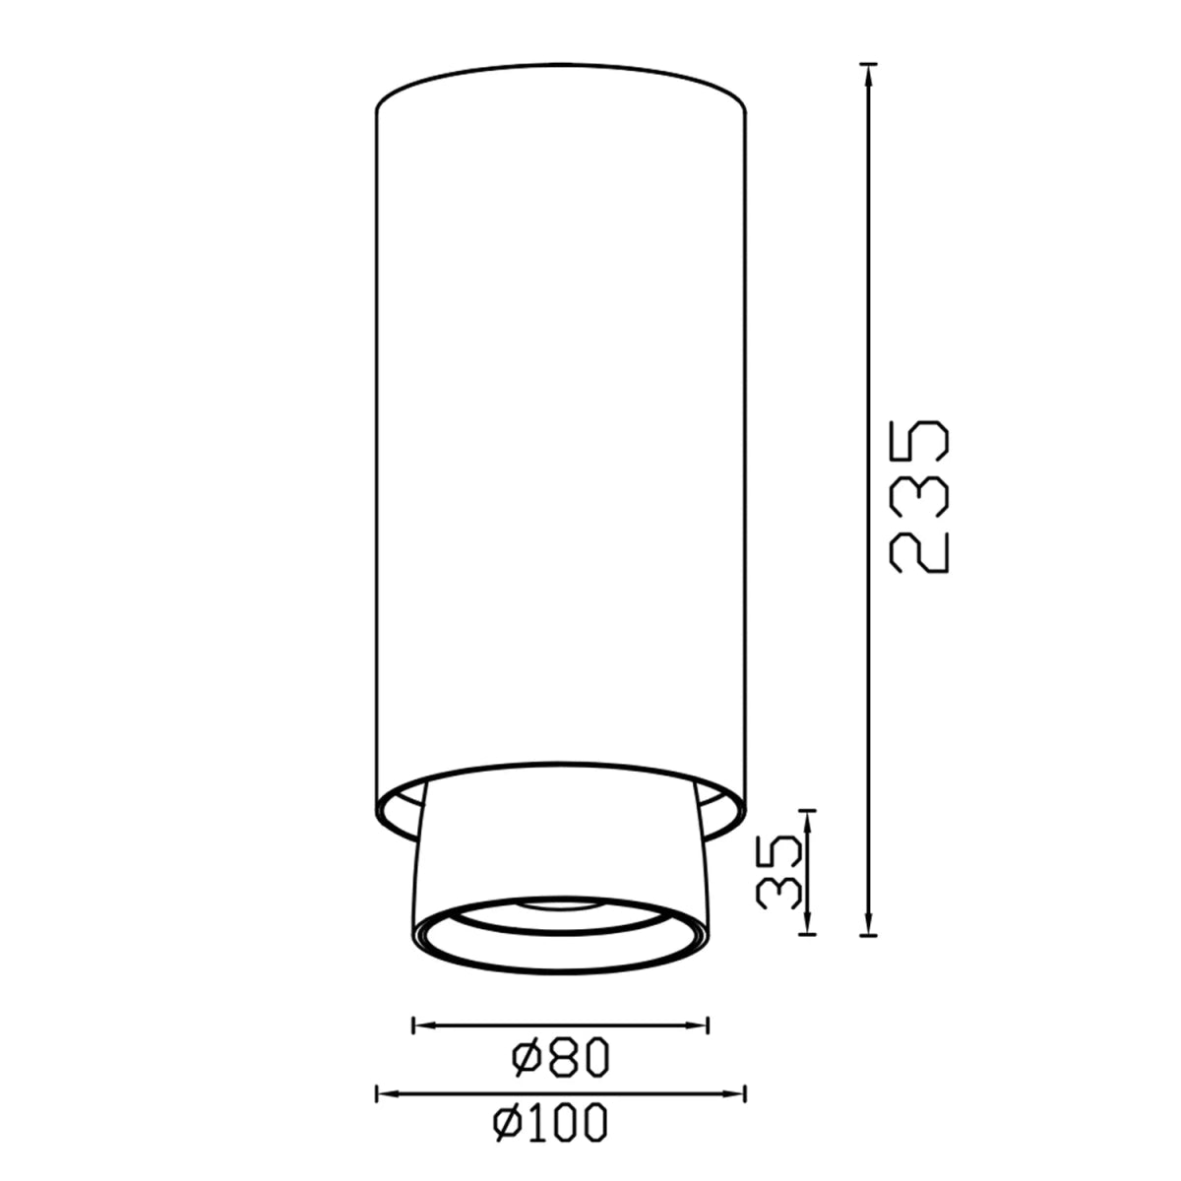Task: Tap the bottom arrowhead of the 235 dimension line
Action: (867, 929)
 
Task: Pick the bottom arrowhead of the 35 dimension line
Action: (809, 929)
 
